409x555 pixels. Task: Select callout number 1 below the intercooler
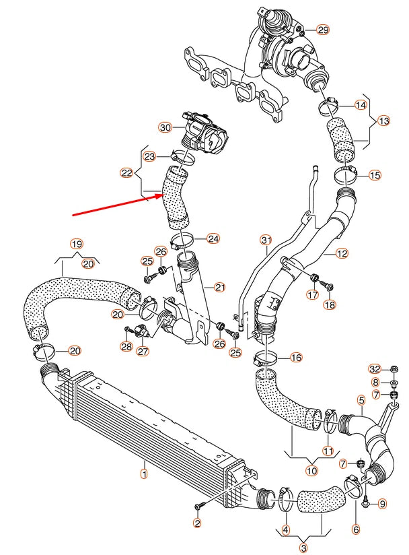[x=143, y=474]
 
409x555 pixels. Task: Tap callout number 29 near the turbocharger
[x=324, y=30]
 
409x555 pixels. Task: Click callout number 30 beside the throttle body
[x=165, y=127]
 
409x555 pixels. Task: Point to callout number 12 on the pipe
[x=342, y=254]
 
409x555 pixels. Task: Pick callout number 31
[x=266, y=240]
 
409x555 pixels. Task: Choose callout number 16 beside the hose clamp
[x=297, y=358]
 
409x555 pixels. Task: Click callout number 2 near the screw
[x=197, y=523]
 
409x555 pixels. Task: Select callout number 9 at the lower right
[x=383, y=503]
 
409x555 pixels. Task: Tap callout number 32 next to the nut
[x=375, y=368]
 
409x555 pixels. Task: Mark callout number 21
[x=219, y=288]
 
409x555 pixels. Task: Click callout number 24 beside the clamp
[x=213, y=238]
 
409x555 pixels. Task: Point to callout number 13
[x=383, y=121]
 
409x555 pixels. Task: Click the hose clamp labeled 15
[x=346, y=176]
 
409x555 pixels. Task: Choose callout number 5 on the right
[x=361, y=400]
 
